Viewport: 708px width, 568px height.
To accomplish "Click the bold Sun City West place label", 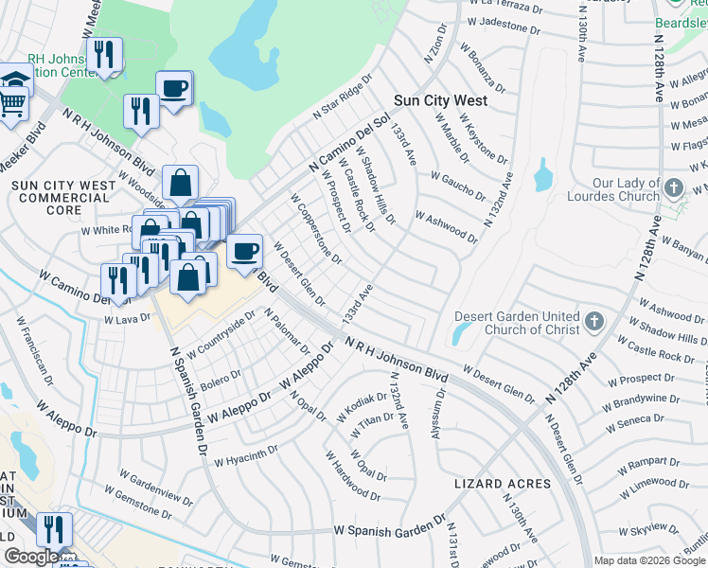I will [x=440, y=100].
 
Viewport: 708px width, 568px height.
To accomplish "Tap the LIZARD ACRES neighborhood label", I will [x=503, y=484].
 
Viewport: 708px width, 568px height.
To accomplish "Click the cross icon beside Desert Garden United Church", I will [x=593, y=322].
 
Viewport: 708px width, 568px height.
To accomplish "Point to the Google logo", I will [x=30, y=557].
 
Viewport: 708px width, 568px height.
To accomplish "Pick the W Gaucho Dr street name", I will [x=457, y=185].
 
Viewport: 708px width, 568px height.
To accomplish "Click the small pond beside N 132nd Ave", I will [x=542, y=175].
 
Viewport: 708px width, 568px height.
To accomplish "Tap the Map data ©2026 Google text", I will [x=649, y=560].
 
